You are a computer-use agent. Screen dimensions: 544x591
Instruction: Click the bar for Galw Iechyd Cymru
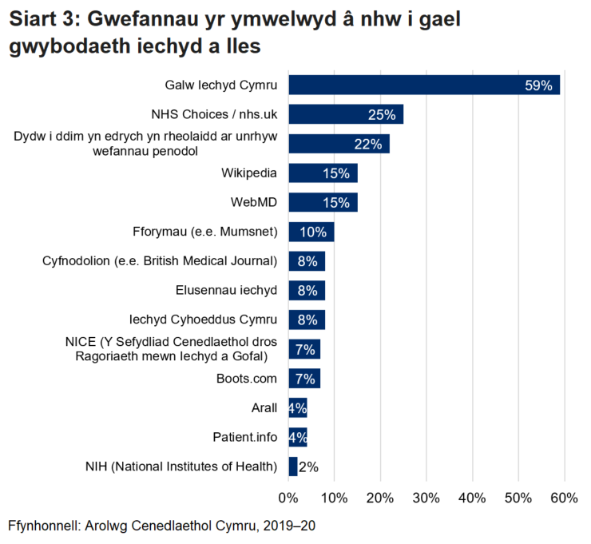[x=423, y=85]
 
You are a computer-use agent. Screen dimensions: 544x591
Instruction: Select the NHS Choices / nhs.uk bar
[x=345, y=114]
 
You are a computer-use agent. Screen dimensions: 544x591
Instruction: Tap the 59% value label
[x=538, y=85]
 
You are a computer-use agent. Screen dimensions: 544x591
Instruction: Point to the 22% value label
[x=368, y=144]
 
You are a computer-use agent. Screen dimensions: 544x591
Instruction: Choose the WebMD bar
[x=323, y=202]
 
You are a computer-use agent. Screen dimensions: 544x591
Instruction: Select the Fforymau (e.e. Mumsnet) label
[x=204, y=232]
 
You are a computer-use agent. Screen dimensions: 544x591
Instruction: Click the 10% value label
[x=313, y=232]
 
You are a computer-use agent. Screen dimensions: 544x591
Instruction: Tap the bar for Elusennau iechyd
[x=307, y=290]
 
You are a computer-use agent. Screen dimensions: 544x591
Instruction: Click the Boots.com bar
[x=304, y=378]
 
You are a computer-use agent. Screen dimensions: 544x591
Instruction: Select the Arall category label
[x=264, y=407]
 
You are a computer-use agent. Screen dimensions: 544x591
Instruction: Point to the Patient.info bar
[x=297, y=437]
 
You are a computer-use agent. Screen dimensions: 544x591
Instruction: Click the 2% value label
[x=308, y=467]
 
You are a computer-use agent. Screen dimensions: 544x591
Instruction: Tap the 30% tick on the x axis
[x=426, y=498]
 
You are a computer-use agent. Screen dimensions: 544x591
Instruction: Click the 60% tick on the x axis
[x=565, y=498]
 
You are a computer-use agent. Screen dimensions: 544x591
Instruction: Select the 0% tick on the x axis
[x=288, y=498]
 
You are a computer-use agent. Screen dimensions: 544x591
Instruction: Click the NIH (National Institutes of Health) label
[x=181, y=467]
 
